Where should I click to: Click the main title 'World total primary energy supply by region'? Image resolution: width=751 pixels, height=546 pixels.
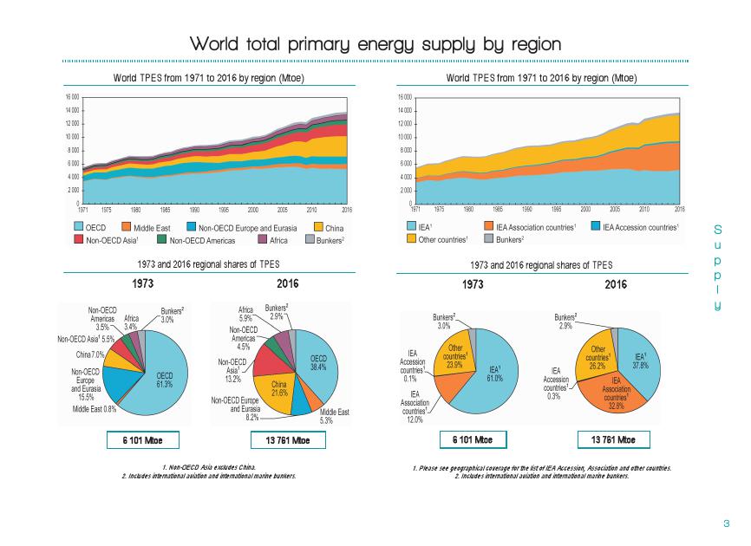(x=375, y=43)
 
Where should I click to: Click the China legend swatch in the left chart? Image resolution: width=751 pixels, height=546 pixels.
(x=319, y=226)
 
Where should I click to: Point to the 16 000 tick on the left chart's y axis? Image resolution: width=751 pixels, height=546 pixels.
(x=71, y=97)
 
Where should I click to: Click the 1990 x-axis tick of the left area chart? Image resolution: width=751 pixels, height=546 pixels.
(x=196, y=210)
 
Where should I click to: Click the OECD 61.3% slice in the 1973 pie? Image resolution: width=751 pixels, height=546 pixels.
(x=160, y=381)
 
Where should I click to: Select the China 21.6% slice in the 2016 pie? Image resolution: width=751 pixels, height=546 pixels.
(x=278, y=386)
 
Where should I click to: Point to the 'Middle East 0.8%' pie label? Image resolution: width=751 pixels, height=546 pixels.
(x=95, y=409)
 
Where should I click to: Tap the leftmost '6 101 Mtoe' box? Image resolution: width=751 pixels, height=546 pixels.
(x=144, y=440)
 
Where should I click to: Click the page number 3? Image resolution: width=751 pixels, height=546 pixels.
(x=726, y=523)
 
